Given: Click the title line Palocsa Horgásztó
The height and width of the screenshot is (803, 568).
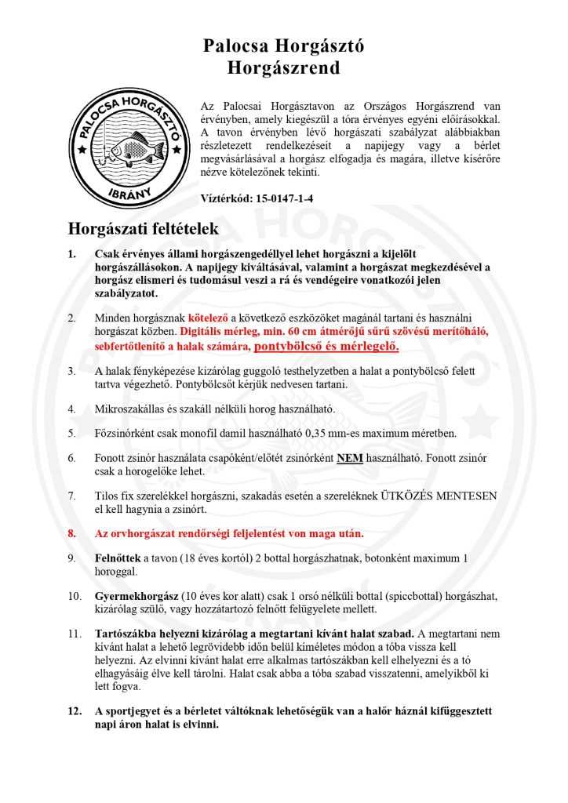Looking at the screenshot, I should (283, 46).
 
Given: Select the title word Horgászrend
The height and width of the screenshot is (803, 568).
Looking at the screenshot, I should (283, 68).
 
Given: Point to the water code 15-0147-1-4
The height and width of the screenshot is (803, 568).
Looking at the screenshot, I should (280, 199).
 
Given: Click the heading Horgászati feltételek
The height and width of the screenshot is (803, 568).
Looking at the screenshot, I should (144, 229).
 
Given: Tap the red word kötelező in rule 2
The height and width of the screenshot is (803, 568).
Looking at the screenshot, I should (207, 318).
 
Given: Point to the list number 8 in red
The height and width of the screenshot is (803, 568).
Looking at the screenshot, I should (71, 533).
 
